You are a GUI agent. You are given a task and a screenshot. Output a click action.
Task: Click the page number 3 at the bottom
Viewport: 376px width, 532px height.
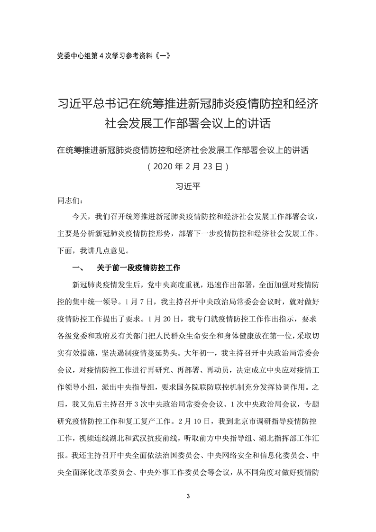pos(188,497)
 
